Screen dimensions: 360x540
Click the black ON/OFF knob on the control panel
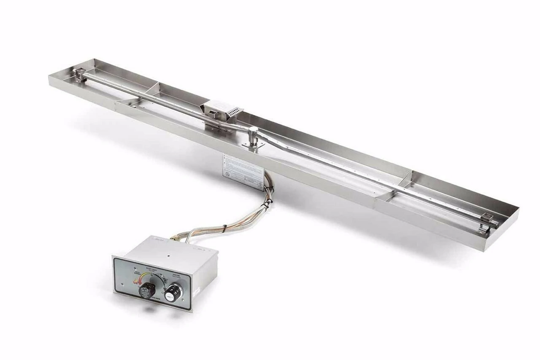[147, 290]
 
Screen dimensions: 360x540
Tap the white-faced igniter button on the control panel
[173, 292]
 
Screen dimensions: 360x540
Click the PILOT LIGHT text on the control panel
[150, 268]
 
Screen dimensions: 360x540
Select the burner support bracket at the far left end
[78, 75]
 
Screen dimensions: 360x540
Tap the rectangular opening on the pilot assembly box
[213, 114]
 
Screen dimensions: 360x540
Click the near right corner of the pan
[485, 250]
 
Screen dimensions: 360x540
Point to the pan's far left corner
[50, 76]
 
